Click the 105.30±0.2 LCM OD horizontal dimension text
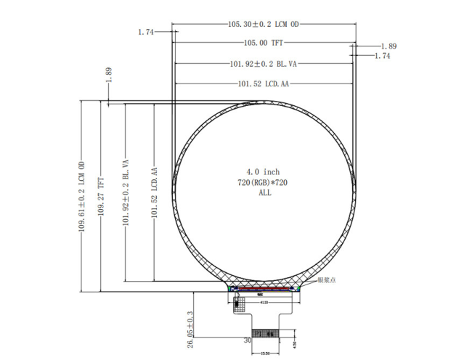click(264, 24)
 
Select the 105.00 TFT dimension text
click(264, 43)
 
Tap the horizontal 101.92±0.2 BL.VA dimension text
click(264, 64)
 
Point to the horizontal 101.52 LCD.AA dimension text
click(264, 84)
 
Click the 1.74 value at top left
click(147, 32)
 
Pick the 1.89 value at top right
click(388, 46)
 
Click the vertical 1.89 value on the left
click(108, 74)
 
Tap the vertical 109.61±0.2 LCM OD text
click(82, 196)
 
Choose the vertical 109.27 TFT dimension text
click(101, 196)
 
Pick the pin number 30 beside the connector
click(247, 339)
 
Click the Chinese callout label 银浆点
click(326, 280)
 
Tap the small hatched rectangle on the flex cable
click(240, 307)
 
